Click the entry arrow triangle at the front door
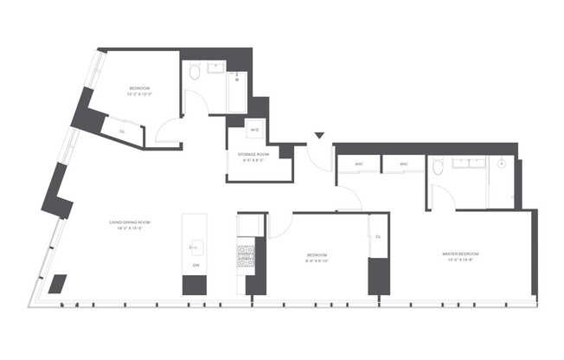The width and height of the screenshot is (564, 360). [319, 136]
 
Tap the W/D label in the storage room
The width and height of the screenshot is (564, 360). [254, 130]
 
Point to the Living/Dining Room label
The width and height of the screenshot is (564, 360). [130, 224]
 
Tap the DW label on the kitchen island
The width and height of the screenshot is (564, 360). [196, 265]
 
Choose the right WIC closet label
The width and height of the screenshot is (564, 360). [403, 164]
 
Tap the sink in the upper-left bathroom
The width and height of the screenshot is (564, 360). [216, 68]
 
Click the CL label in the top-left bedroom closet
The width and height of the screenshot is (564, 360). [121, 131]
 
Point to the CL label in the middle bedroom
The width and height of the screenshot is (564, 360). [379, 235]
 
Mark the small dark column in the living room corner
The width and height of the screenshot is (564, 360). [59, 285]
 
